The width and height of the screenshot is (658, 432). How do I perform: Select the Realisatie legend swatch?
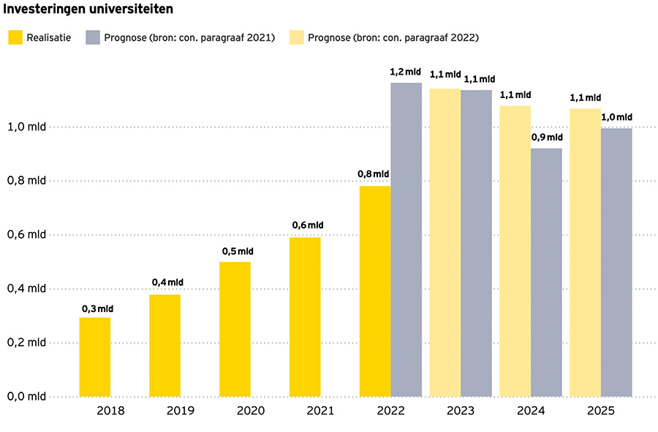[15, 37]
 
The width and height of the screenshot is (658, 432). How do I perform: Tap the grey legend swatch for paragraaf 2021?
[93, 37]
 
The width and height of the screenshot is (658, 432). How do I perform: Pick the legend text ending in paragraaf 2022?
[398, 37]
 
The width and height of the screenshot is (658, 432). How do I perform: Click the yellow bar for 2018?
[95, 357]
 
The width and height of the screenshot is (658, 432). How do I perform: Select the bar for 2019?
[164, 346]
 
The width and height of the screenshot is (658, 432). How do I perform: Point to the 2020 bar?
[235, 329]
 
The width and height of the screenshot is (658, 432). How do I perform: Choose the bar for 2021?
[305, 316]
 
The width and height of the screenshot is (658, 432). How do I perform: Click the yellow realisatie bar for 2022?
[375, 291]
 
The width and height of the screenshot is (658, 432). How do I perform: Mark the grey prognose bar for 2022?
[406, 239]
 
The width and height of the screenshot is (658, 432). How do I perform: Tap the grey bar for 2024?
[546, 272]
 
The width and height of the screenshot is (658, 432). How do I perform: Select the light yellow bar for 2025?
[585, 253]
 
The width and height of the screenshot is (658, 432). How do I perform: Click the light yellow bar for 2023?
[445, 242]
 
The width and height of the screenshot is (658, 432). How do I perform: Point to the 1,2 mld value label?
[406, 72]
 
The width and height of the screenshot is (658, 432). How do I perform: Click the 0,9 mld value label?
[547, 138]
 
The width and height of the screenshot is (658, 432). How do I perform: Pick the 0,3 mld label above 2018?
[96, 308]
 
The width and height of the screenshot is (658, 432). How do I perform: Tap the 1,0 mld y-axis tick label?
[27, 127]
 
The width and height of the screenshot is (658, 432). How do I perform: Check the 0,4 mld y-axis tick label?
[27, 288]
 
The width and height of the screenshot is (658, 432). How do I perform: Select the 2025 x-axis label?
[601, 411]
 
